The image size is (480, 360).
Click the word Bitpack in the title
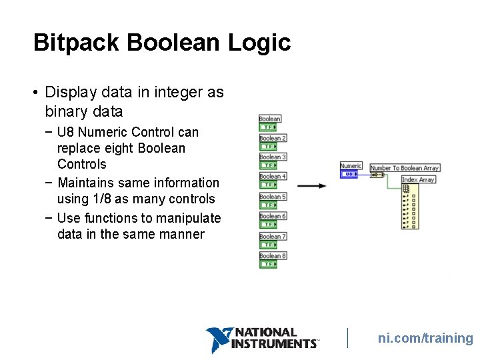(76, 43)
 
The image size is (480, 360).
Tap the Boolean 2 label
(273, 138)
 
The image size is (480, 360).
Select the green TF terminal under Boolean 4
(268, 185)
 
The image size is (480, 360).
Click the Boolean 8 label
(273, 255)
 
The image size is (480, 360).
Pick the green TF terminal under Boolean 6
(268, 225)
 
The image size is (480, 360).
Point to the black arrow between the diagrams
(311, 185)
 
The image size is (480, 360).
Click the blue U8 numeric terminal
(349, 175)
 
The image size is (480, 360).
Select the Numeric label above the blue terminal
(351, 166)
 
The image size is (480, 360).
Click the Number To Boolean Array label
(404, 168)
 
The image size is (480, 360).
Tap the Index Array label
(418, 179)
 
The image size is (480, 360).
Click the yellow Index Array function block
(409, 207)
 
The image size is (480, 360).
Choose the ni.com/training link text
(425, 338)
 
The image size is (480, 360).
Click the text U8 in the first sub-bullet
(65, 132)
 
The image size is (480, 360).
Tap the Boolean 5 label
(273, 197)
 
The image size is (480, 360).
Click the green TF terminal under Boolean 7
(268, 245)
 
